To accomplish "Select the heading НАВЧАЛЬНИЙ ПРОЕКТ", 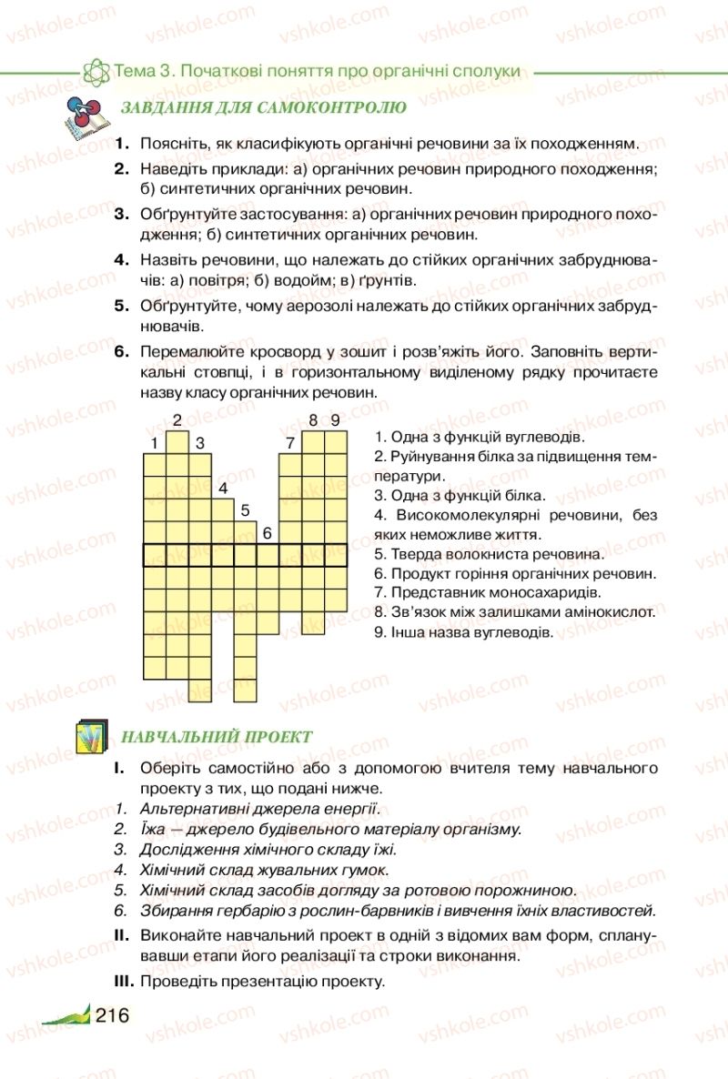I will (x=217, y=737).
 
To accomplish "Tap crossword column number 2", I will (x=177, y=419).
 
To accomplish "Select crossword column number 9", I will (x=336, y=419).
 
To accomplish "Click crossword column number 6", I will (x=267, y=533).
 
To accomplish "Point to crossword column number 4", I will (x=222, y=488).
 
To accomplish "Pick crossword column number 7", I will (x=290, y=443).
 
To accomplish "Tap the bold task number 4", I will (x=123, y=259).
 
